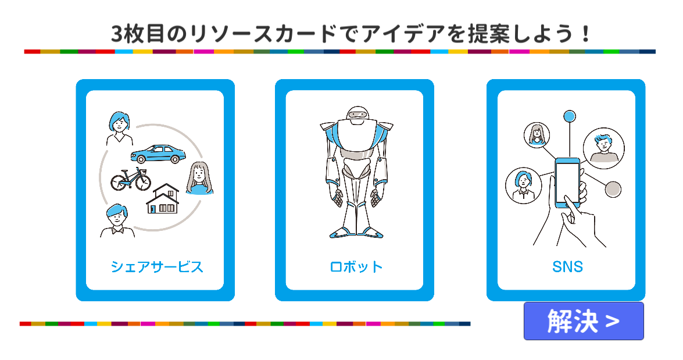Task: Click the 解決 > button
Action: click(x=584, y=321)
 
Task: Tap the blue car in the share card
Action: click(x=158, y=154)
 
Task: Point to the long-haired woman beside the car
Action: click(x=199, y=178)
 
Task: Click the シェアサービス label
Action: click(x=157, y=267)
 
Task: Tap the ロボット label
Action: click(x=356, y=267)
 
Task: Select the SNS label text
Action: click(x=567, y=267)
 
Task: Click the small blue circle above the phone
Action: click(x=569, y=115)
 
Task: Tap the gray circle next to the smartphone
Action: click(x=613, y=189)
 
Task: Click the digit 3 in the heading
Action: click(x=116, y=34)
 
